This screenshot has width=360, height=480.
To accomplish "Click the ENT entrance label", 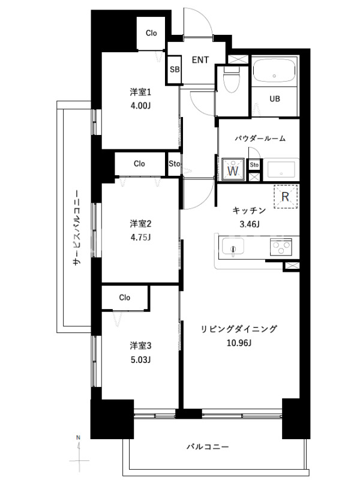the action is click(200, 60).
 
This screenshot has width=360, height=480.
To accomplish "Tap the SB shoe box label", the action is click(175, 70).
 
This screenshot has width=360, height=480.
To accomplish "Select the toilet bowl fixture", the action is click(232, 80).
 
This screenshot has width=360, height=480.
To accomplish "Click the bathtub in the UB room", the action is click(274, 71).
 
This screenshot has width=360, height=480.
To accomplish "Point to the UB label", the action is click(275, 99).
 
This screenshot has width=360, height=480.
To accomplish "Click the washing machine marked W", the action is click(233, 169).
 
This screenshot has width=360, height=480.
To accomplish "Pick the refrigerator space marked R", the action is click(286, 197).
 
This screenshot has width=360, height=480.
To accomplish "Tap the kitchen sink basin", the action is click(233, 247).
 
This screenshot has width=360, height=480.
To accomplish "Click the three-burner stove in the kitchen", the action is click(281, 247).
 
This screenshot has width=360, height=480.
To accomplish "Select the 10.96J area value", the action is click(239, 343).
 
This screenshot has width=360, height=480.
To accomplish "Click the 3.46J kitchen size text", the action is click(250, 224).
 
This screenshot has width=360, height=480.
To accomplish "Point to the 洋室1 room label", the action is click(140, 92).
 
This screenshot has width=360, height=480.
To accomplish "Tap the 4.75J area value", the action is click(140, 237).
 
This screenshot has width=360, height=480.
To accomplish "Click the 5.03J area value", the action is click(140, 359).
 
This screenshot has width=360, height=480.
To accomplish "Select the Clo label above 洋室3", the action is click(125, 298).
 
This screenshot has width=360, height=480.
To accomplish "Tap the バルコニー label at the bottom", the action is click(208, 447).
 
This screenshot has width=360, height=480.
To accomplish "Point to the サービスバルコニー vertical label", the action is click(77, 228).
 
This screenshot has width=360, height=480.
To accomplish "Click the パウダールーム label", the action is click(260, 139).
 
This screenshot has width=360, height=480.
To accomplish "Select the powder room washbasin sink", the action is click(281, 169).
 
